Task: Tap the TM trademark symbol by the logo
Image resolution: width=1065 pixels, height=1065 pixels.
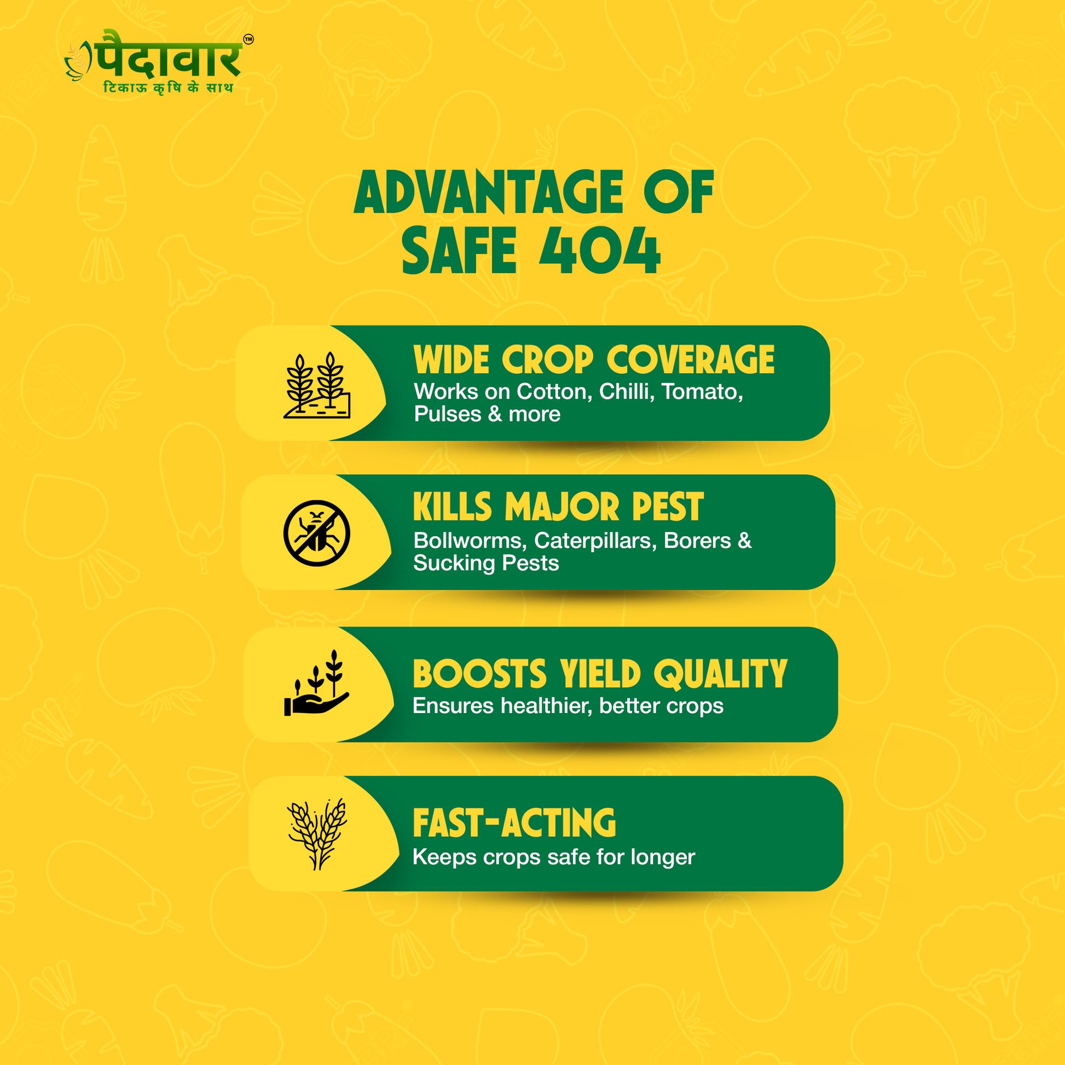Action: click(248, 39)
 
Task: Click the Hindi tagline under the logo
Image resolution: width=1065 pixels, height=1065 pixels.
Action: click(168, 88)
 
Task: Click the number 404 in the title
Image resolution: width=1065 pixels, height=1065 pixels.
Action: click(600, 251)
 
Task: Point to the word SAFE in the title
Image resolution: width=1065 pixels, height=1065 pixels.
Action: click(459, 251)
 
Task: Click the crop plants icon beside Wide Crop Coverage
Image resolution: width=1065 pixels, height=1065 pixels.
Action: click(317, 385)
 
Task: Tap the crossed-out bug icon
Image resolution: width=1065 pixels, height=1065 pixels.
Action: click(317, 533)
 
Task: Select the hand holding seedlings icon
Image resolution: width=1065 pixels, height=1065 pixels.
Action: click(316, 683)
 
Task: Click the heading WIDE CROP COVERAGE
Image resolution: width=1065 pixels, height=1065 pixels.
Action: click(594, 360)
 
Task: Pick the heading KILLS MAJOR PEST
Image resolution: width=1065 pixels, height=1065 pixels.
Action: click(558, 507)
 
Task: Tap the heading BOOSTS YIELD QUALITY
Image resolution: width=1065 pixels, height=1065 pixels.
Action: click(600, 674)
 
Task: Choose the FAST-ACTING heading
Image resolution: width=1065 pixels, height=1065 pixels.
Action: click(514, 823)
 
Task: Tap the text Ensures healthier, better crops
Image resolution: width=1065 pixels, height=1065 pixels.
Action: click(568, 706)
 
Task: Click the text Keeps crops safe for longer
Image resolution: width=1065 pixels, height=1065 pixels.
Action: click(554, 857)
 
